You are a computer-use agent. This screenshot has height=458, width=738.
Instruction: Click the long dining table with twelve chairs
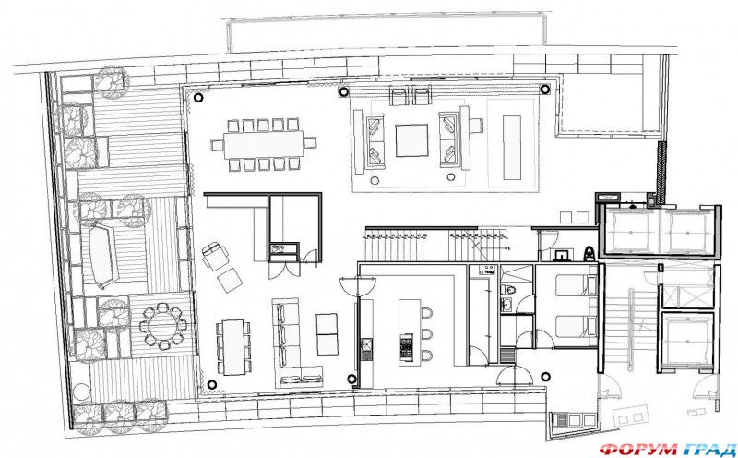pos(262,144)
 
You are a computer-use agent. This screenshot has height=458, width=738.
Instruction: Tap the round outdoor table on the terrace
pos(163,325)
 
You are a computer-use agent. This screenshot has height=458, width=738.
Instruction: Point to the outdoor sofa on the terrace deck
pos(99,255)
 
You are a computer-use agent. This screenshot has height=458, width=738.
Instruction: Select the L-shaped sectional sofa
pos(293,342)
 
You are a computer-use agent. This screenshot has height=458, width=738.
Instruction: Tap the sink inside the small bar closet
pos(280,247)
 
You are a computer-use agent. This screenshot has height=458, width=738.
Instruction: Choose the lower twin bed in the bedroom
pos(565,325)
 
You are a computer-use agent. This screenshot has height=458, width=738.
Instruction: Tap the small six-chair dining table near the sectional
pos(234,342)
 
